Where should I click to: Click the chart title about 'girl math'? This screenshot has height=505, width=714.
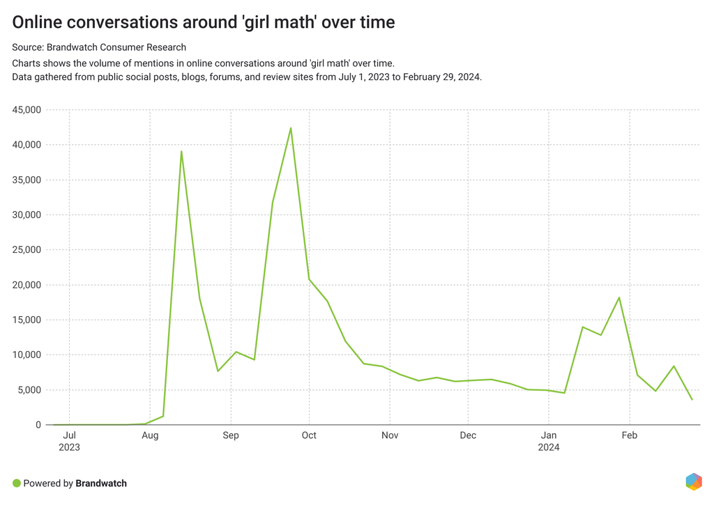click(x=204, y=22)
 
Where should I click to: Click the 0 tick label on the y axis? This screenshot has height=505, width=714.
click(x=39, y=425)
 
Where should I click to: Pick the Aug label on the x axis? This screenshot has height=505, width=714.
click(x=150, y=435)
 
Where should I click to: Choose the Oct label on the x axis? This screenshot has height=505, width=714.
click(x=309, y=435)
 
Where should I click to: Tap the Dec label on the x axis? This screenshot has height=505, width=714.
click(x=468, y=435)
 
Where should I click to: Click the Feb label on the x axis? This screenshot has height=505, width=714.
click(x=630, y=435)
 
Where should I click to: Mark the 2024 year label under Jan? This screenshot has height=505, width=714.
click(x=549, y=447)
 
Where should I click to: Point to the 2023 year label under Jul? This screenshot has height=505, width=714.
click(x=70, y=447)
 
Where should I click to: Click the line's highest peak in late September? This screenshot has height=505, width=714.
click(x=291, y=128)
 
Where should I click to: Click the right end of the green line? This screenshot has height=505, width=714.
click(x=692, y=400)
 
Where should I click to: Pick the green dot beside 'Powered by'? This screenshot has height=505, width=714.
click(x=17, y=483)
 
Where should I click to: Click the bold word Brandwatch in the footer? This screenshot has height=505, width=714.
click(x=101, y=483)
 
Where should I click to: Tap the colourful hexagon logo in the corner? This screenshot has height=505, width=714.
click(x=694, y=481)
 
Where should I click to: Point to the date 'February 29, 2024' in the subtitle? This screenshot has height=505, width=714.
click(x=441, y=77)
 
